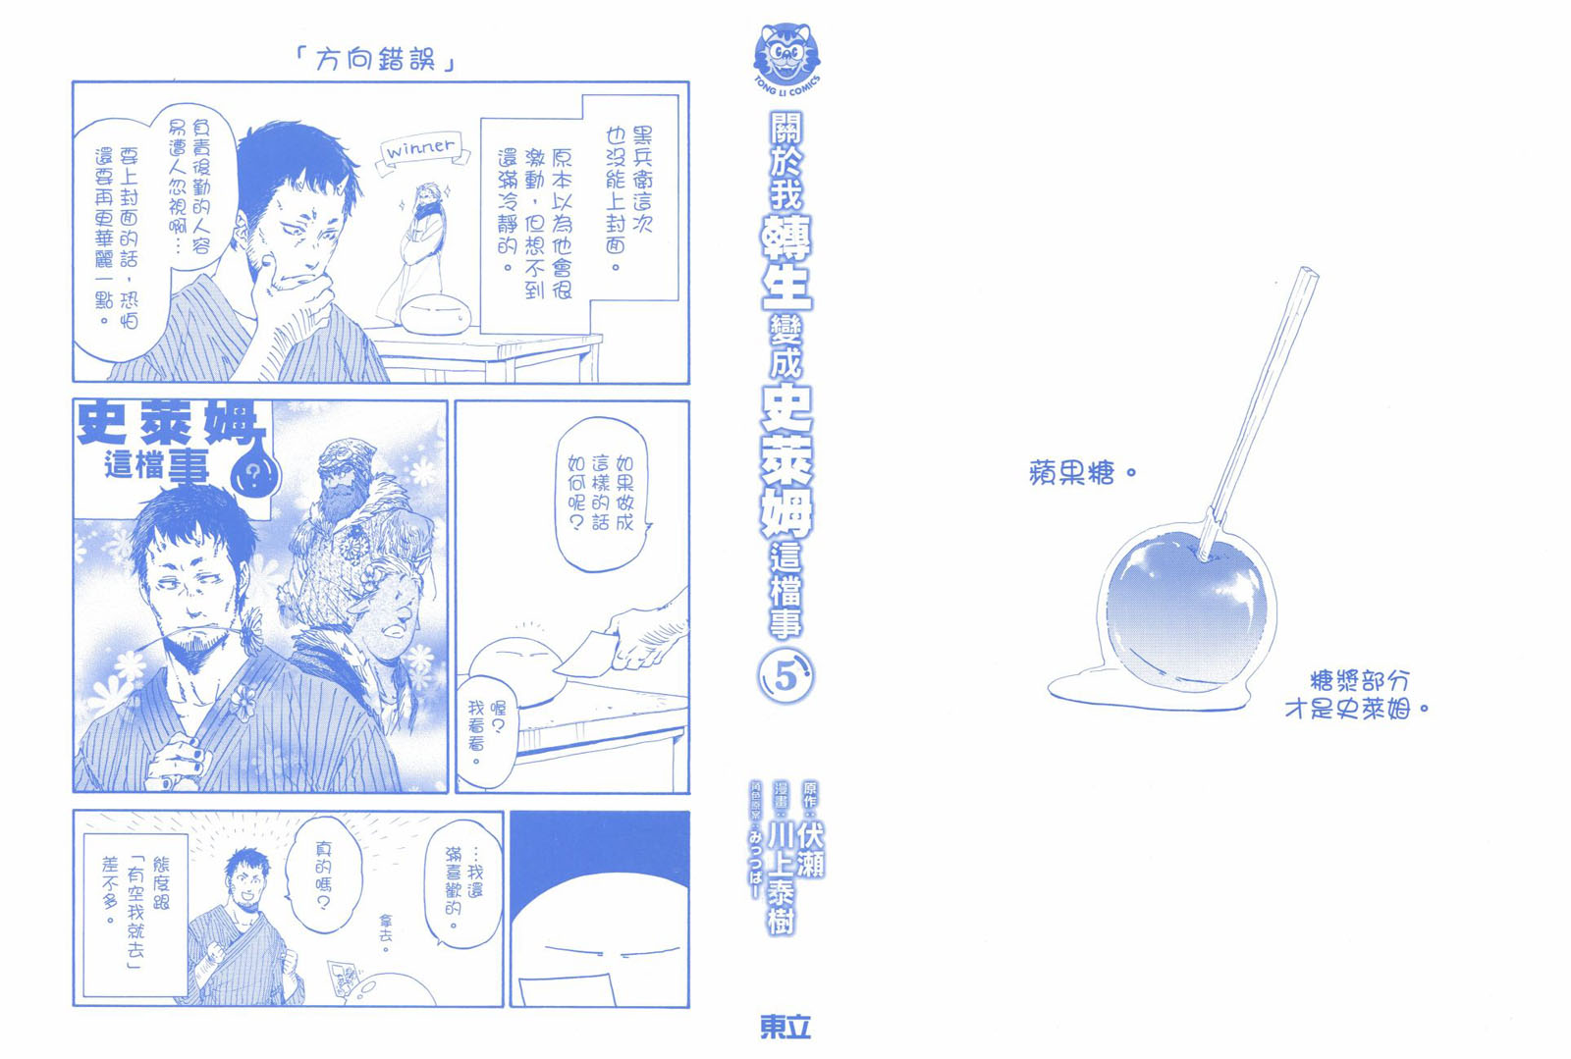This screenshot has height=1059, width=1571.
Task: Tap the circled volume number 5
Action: [x=785, y=676]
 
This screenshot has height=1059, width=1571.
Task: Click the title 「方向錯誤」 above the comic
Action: [x=375, y=60]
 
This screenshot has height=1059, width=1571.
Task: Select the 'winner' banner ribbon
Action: [x=422, y=151]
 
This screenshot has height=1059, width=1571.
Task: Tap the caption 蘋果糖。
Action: [x=1081, y=473]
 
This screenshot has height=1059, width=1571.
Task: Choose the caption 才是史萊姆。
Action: [x=1356, y=710]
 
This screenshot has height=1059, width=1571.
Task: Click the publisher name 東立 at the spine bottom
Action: [x=785, y=1028]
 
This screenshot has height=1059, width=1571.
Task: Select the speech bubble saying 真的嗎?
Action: [x=324, y=874]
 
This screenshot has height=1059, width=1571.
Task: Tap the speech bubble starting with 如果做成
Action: [x=601, y=494]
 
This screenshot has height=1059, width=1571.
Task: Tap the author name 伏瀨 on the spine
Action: [x=811, y=849]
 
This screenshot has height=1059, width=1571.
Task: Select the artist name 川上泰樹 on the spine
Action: [x=781, y=876]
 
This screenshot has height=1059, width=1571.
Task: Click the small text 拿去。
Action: [x=387, y=932]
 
